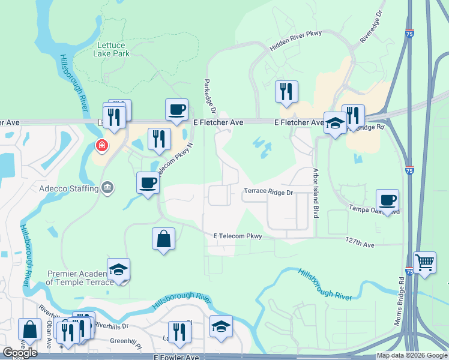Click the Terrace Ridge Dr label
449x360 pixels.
(268, 193)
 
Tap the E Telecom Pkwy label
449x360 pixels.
(238, 236)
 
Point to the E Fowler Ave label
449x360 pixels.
(176, 357)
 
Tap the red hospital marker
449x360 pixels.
(102, 145)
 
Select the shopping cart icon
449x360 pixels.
(424, 262)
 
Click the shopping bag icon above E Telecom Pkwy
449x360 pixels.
(163, 238)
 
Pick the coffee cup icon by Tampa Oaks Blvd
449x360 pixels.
(388, 200)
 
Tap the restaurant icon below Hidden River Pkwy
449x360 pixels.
(286, 91)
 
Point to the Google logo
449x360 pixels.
(20, 353)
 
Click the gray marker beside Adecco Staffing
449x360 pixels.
(107, 188)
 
